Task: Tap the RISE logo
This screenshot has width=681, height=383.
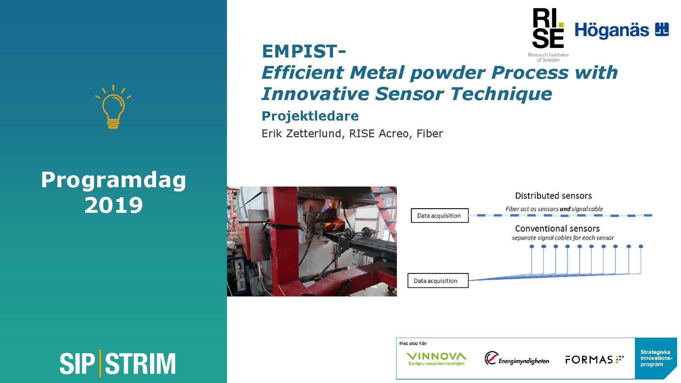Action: pos(548,34)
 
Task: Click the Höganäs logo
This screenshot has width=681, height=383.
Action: pos(621,30)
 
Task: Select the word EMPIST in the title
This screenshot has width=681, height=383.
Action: pos(300,51)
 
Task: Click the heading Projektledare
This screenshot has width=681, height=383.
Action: pos(310,116)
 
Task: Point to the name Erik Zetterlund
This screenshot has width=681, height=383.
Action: pos(301,133)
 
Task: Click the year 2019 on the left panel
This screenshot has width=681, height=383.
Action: pos(113,205)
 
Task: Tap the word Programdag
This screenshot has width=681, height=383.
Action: pos(113,180)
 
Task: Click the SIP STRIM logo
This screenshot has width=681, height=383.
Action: pos(117,363)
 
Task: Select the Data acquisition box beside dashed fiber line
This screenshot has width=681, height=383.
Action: pos(439,216)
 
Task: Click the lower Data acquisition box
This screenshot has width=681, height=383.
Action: pos(438,281)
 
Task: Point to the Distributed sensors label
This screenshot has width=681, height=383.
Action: pos(553,196)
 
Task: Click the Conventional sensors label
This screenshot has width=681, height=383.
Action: pos(557,229)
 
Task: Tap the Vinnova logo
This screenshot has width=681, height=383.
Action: pos(436,359)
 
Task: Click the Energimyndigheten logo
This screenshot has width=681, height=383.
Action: pos(517,359)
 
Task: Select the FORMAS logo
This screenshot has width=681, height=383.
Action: pos(594,360)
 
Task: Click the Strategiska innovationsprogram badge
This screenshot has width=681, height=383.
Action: pos(655,358)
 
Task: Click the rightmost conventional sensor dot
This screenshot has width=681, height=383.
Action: pos(641,246)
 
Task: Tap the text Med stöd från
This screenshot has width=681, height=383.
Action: pos(413,343)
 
